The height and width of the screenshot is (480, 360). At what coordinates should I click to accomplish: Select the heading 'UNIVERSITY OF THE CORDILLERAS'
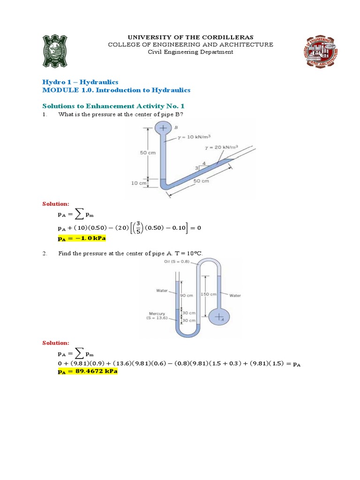190,37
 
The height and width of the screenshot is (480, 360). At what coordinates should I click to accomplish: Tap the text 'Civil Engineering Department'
190,52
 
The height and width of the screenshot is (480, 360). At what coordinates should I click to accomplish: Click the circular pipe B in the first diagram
163,128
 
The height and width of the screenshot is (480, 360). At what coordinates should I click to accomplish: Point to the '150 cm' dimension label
208,294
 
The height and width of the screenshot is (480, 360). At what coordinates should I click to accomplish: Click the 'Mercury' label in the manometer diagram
157,314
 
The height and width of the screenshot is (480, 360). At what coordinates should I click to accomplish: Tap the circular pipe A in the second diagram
219,317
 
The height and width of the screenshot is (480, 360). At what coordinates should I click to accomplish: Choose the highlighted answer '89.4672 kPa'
87,371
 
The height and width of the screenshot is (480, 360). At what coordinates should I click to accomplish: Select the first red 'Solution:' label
56,204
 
